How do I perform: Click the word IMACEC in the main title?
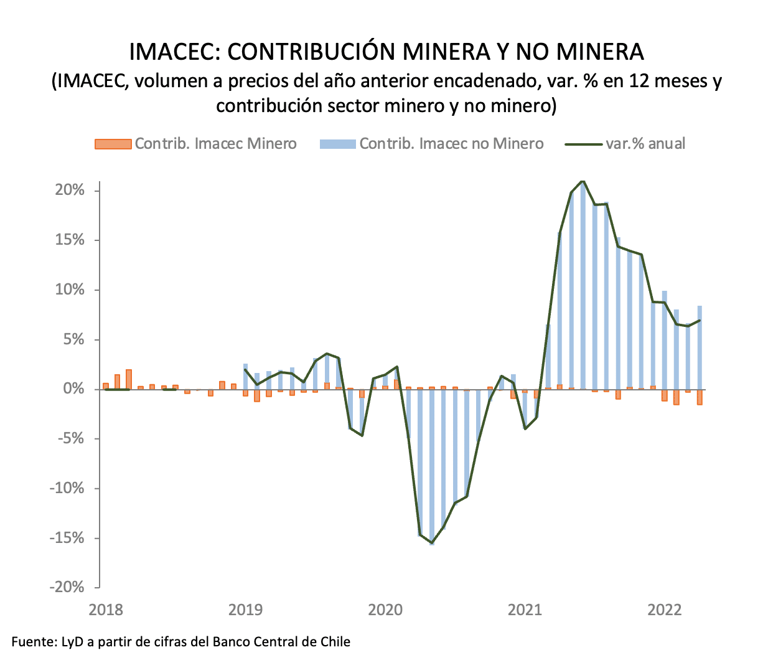pos(172,52)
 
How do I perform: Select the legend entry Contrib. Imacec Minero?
pos(195,144)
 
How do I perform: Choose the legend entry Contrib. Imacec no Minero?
pos(431,144)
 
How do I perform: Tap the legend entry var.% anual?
pos(625,144)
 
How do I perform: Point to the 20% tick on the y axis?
pos(70,191)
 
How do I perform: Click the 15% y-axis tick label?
pos(70,240)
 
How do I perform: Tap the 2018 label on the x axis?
pos(106,610)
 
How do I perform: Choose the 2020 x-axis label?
pos(385,610)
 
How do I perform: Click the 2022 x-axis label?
pos(665,610)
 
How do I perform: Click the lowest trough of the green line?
pos(432,543)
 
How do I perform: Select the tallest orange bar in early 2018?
pos(129,379)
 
